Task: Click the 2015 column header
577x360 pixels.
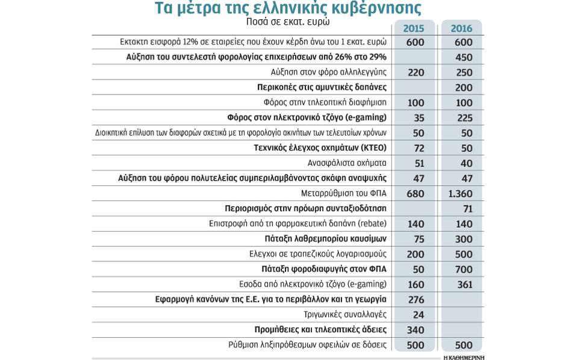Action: [x=414, y=28]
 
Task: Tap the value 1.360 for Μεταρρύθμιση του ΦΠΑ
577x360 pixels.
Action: [x=461, y=194]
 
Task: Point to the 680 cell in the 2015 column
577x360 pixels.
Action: [x=415, y=194]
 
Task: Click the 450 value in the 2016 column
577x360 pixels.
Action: [x=464, y=58]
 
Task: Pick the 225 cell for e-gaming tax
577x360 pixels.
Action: [x=464, y=118]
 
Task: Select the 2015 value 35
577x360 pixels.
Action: [x=419, y=118]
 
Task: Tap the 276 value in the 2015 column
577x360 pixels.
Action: [x=416, y=299]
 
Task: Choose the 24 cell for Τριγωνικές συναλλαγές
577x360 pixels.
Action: [x=419, y=314]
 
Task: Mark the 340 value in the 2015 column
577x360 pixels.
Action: [x=416, y=330]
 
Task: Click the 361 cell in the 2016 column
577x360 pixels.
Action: [x=464, y=284]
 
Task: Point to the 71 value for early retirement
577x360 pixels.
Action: [x=467, y=209]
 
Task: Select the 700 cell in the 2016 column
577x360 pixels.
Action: [x=464, y=269]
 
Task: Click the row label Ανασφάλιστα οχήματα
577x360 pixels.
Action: [x=347, y=163]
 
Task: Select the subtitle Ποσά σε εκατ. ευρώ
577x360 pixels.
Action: [x=288, y=22]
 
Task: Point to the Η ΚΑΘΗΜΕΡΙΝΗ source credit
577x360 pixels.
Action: [x=464, y=357]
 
